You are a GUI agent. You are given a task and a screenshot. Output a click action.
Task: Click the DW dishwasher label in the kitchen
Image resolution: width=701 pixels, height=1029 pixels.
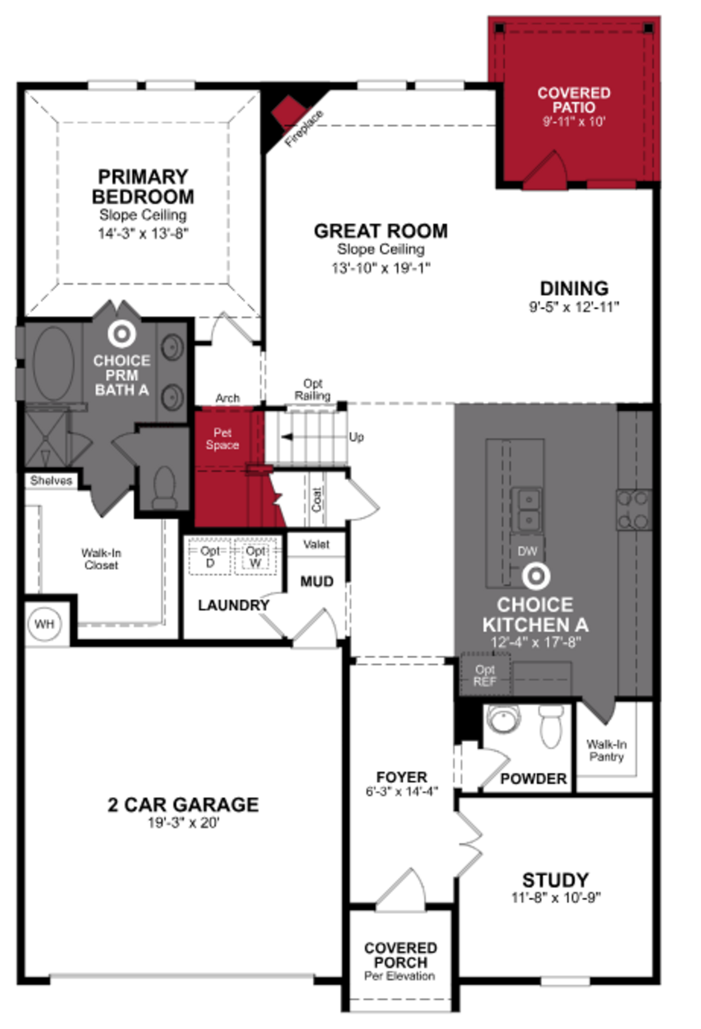point(527,551)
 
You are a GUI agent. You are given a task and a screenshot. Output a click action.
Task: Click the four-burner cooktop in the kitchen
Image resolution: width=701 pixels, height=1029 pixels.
point(634,510)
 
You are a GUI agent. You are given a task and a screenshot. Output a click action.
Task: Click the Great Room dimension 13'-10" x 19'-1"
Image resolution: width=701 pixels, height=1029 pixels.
point(381,268)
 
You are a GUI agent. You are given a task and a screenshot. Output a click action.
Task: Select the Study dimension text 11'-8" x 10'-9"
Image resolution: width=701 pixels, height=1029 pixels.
point(556,898)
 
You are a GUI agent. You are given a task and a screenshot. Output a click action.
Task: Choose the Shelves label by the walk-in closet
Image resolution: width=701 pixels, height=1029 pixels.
point(51,481)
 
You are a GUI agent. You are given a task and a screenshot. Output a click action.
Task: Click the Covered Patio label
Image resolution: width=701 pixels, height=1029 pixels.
point(574,100)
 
